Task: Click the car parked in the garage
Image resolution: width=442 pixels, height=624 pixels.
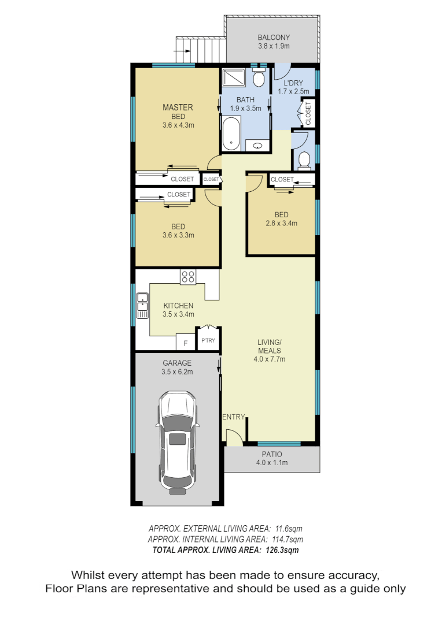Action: [x=178, y=442]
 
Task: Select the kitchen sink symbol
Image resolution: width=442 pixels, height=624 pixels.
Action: [x=142, y=306]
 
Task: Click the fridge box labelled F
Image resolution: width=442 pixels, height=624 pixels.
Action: [x=185, y=343]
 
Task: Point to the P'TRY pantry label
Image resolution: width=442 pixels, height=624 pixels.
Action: [x=208, y=340]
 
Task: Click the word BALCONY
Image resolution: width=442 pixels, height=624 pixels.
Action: [x=273, y=38]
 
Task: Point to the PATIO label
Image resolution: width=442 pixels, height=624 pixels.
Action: [x=272, y=454]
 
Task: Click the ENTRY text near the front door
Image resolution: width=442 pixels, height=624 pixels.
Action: [x=234, y=417]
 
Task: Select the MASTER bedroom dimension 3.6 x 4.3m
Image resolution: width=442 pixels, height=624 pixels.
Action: [x=178, y=125]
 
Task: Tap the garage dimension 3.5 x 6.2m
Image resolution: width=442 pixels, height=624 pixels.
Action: [x=178, y=372]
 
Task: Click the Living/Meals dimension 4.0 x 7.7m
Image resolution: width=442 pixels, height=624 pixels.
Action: [x=270, y=359]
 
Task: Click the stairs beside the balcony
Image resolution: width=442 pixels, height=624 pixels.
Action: [x=200, y=49]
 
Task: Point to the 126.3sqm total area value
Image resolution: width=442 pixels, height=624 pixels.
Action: [x=283, y=550]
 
